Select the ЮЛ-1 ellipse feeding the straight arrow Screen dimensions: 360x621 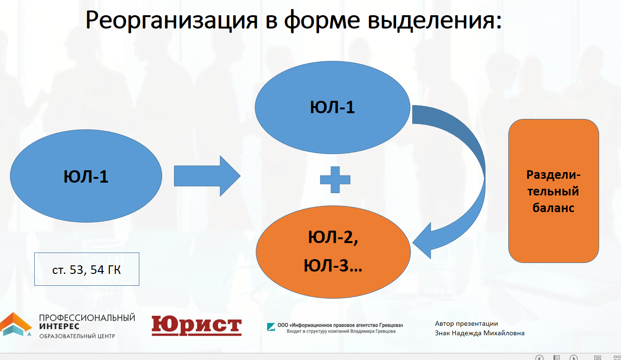[x=86, y=176]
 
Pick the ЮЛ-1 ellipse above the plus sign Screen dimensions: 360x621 [x=332, y=107]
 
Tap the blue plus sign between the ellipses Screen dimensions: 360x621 [x=335, y=179]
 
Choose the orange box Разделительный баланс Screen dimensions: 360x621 [x=553, y=191]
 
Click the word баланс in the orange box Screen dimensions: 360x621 [x=553, y=208]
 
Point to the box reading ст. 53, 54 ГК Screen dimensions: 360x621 [x=87, y=269]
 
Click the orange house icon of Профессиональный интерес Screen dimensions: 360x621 [x=16, y=324]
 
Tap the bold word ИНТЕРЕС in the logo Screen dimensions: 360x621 [x=59, y=326]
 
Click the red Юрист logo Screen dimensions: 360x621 [x=196, y=326]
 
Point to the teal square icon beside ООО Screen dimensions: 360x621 [x=271, y=326]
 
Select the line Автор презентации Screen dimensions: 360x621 [x=466, y=323]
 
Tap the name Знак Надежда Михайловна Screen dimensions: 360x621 [x=479, y=333]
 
